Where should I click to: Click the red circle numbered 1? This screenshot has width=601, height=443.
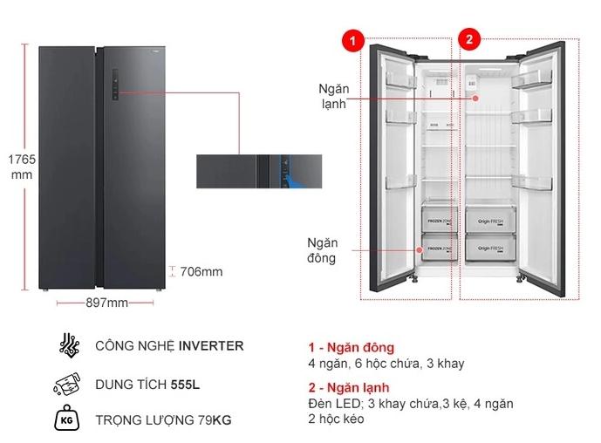[x=353, y=40]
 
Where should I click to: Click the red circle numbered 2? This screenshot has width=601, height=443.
[x=469, y=39]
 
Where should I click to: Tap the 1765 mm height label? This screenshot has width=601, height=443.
[x=20, y=167]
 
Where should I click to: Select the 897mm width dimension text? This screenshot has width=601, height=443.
[x=106, y=303]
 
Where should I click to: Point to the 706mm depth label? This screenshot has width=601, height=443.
[x=201, y=271]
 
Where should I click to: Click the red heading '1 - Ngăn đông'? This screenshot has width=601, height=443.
[x=345, y=347]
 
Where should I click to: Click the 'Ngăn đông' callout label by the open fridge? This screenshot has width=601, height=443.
[x=321, y=250]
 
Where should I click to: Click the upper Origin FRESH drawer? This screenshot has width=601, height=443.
[x=488, y=221]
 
